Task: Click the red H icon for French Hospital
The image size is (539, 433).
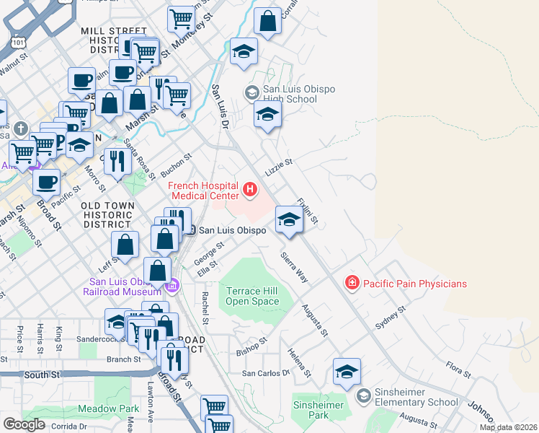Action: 250,190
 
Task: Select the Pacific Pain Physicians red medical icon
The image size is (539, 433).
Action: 352,283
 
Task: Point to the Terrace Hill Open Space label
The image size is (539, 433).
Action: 252,296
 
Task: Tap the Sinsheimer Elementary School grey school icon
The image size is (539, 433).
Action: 365,395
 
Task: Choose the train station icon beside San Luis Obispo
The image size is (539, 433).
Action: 191,230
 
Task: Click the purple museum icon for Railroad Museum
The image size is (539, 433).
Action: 171,287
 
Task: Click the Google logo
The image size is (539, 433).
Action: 24,424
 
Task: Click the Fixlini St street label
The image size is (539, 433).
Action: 308,209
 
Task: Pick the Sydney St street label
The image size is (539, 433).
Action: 391,318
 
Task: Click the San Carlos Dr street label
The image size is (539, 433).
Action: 265,373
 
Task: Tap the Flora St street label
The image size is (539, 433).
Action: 458,370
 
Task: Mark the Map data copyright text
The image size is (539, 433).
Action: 508,427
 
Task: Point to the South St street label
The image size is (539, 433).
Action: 42,375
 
